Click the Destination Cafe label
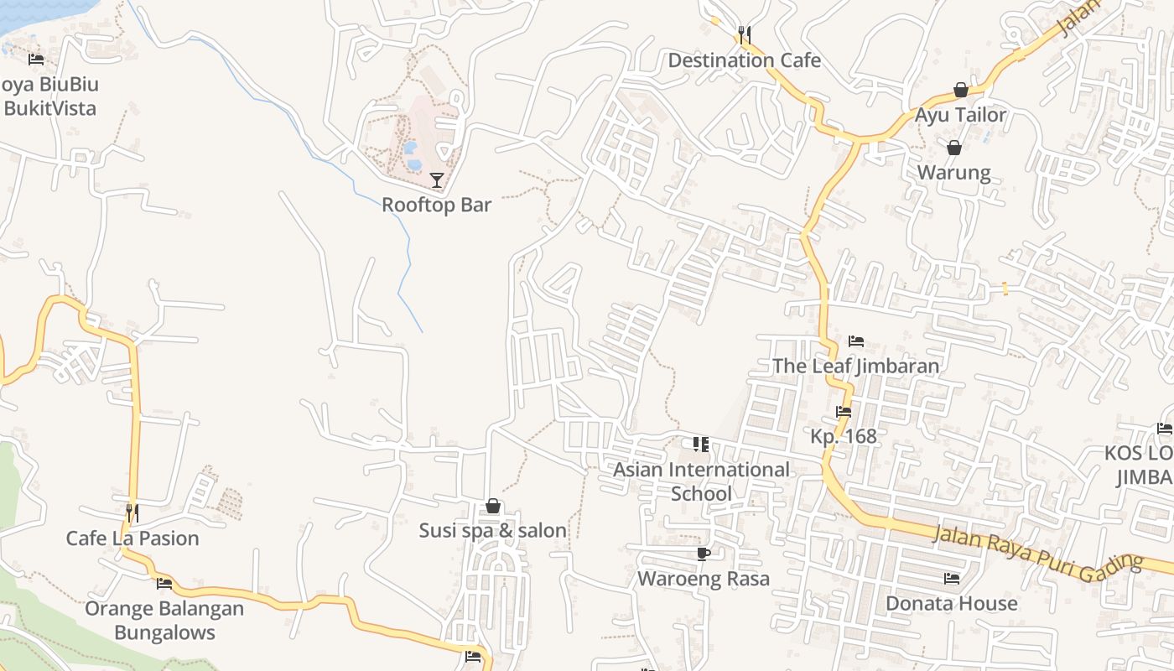744,60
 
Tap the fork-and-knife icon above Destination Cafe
744,34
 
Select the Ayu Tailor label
960,115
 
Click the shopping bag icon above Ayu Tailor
961,90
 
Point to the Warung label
953,173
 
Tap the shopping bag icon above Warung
953,148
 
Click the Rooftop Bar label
436,205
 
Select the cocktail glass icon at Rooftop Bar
436,179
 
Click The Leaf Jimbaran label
855,367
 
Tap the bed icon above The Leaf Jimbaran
855,341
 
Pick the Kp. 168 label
843,436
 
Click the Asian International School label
701,481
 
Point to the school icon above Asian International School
701,445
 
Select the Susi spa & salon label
493,531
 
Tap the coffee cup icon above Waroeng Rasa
703,554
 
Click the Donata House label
951,603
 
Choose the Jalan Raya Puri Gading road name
1038,550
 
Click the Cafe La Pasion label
132,538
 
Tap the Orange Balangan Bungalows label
164,621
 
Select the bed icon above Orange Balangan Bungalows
164,584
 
